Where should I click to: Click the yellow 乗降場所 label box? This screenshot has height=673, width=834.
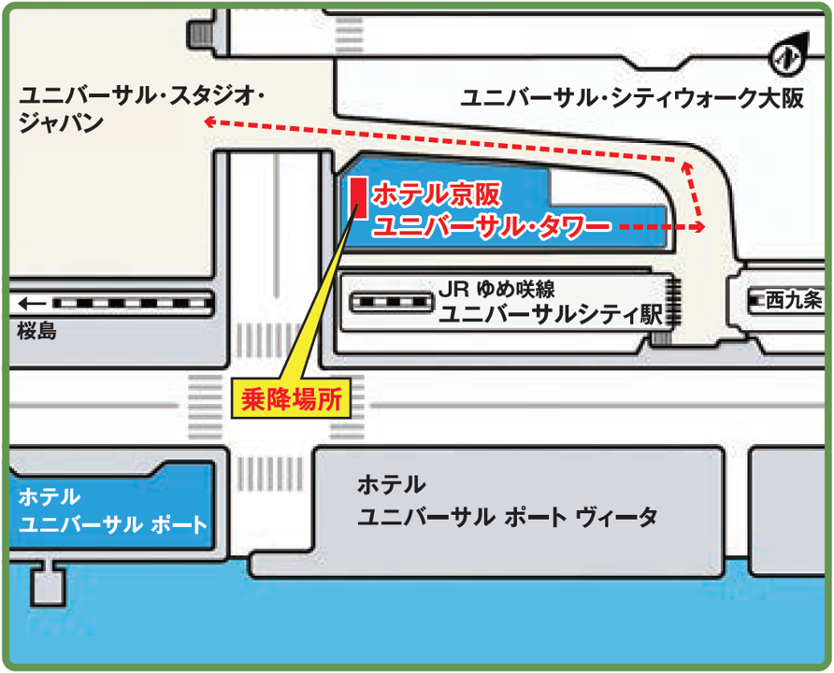[290, 400]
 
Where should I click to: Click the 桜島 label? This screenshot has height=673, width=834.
[36, 330]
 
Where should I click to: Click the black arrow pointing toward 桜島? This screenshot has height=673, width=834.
[30, 304]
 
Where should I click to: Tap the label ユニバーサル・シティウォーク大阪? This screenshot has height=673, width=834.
[632, 99]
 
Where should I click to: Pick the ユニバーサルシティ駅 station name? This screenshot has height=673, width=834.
[551, 315]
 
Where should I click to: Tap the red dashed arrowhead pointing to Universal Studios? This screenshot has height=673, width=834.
[211, 122]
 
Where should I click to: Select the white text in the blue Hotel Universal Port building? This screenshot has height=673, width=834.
[111, 509]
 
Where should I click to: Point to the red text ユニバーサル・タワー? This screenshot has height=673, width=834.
[492, 225]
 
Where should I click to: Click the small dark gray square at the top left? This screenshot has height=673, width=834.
[200, 35]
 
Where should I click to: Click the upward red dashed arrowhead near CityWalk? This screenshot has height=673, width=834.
[688, 166]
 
